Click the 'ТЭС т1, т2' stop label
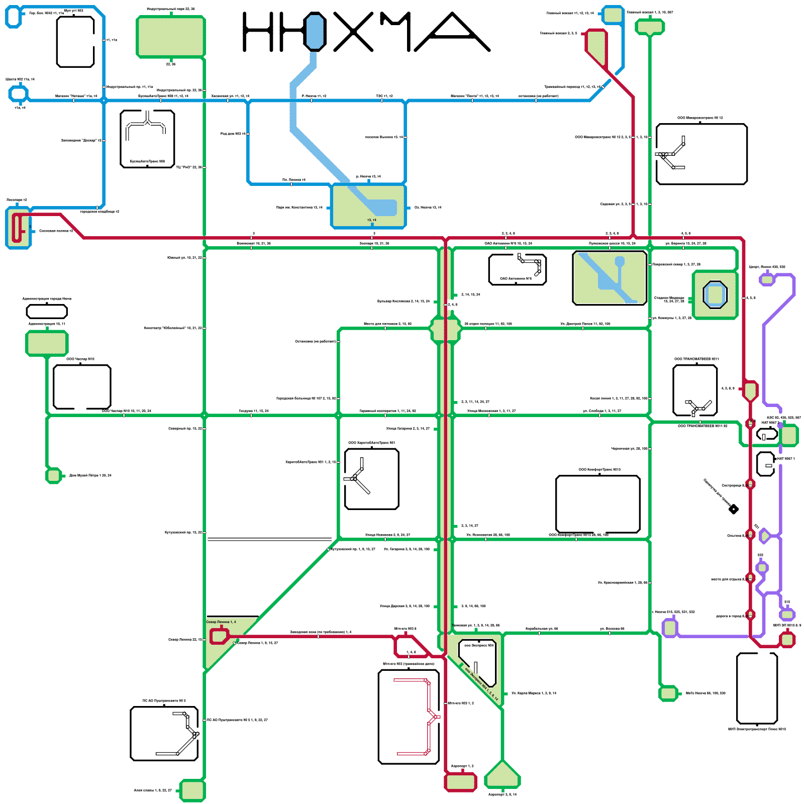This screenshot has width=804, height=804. tap(384, 96)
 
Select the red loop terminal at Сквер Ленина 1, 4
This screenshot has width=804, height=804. tap(219, 636)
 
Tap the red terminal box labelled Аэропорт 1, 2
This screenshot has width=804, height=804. tap(460, 781)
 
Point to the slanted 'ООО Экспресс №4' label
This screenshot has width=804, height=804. tap(481, 684)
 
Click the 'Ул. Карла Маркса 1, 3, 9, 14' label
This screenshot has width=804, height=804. tap(534, 693)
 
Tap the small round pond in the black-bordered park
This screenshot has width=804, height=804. tap(620, 261)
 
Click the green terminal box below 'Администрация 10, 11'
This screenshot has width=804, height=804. tap(47, 344)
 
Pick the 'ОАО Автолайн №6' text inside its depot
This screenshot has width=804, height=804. tap(516, 278)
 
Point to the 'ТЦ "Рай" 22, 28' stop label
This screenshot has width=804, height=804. tap(189, 167)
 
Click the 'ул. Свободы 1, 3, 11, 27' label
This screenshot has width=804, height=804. tap(602, 411)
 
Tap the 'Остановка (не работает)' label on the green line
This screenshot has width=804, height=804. tap(315, 341)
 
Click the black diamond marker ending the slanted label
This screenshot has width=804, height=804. tap(734, 510)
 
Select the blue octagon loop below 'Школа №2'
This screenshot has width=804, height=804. tap(19, 93)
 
